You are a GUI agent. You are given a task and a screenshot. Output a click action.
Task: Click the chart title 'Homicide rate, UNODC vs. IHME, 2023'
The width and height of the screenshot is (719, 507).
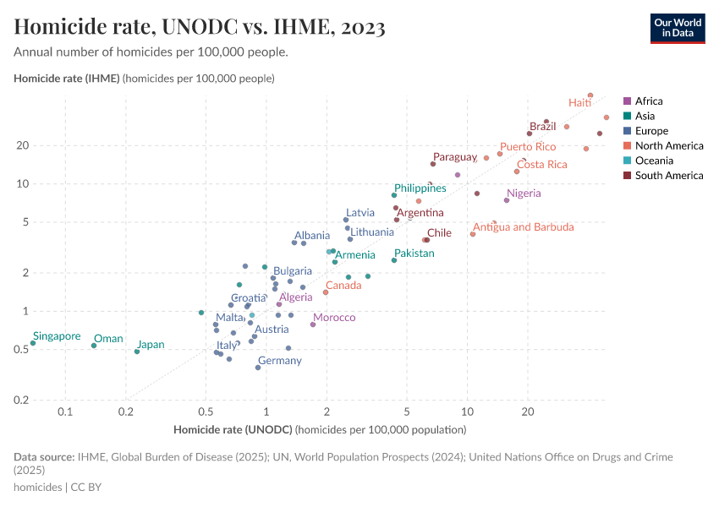click(200, 27)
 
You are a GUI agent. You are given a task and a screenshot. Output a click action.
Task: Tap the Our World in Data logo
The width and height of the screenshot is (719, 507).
click(678, 28)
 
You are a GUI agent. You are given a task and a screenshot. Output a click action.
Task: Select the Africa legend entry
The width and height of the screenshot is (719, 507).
click(642, 101)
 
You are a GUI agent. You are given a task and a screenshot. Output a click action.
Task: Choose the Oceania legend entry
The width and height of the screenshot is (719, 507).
click(648, 161)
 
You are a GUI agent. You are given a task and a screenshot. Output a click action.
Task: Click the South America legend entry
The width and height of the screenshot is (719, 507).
click(662, 176)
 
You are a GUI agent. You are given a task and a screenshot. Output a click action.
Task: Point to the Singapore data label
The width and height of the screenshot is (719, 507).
click(58, 335)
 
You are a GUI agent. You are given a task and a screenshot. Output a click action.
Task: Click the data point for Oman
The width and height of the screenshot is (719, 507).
click(94, 346)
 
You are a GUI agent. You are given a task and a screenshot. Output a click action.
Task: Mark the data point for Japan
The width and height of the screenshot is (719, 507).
click(137, 352)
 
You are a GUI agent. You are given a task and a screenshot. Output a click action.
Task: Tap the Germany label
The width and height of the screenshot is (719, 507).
click(280, 361)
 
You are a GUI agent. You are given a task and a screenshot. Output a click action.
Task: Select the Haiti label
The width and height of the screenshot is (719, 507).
click(579, 102)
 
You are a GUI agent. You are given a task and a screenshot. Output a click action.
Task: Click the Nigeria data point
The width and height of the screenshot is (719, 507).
click(507, 200)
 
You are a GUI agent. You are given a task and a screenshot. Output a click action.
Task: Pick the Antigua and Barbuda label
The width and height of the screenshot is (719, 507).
click(523, 227)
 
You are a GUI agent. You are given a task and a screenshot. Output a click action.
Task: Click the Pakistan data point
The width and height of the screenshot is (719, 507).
click(394, 260)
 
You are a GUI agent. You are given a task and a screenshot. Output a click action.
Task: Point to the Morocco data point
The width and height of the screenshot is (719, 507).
click(313, 324)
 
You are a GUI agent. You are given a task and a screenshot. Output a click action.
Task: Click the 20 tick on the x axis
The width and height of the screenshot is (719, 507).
click(527, 412)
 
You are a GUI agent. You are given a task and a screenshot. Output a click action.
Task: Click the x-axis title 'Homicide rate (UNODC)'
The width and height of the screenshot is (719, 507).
click(232, 430)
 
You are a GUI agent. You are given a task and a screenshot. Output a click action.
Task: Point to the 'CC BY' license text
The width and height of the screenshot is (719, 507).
click(86, 488)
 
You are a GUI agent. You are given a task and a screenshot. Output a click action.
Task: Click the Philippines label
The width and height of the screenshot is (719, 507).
click(420, 188)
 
